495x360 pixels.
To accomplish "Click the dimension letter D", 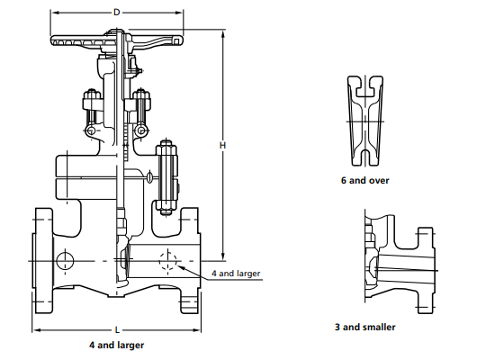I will pos(116,12).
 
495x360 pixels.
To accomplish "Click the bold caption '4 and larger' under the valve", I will pos(116,345).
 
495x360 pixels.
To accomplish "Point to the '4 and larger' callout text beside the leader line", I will pos(236,272).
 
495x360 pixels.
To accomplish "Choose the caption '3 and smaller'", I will pos(364,327).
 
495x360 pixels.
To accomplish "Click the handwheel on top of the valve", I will pos(117,40).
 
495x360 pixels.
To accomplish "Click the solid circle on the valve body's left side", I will pos(64,261).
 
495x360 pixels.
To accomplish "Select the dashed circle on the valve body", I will pos(167,263).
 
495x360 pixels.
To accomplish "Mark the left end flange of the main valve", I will pos(42,261).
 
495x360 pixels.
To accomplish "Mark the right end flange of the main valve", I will pos(190,261).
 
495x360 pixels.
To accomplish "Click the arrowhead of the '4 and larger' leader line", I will pos(183,267).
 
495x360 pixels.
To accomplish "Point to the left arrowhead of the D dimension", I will pos(52,13).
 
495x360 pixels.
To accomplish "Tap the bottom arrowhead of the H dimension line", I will pos(222,256).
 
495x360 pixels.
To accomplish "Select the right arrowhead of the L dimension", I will pos(195,330).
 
